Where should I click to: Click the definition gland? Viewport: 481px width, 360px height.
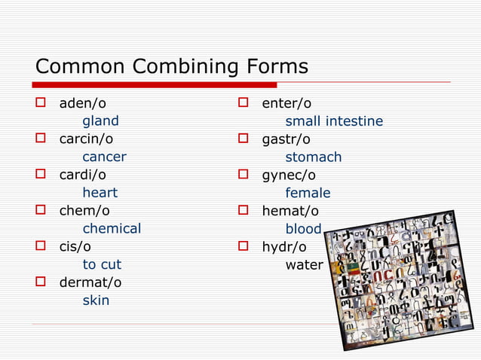(100, 121)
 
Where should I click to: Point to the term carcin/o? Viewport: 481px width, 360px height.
(86, 139)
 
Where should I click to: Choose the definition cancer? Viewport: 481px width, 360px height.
(104, 157)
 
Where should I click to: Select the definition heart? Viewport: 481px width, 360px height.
(100, 193)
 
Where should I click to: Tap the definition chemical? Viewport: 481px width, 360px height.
(112, 229)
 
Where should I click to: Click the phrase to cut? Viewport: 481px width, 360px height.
(102, 265)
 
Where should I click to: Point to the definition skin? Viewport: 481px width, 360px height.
(96, 301)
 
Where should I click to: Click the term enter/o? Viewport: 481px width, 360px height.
(286, 103)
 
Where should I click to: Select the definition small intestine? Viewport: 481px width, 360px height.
(333, 121)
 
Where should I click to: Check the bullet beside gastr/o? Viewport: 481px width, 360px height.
(244, 139)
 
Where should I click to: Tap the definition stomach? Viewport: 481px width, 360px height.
(313, 157)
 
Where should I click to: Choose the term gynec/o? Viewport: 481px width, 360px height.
(289, 175)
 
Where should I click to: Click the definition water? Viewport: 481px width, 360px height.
(303, 265)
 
